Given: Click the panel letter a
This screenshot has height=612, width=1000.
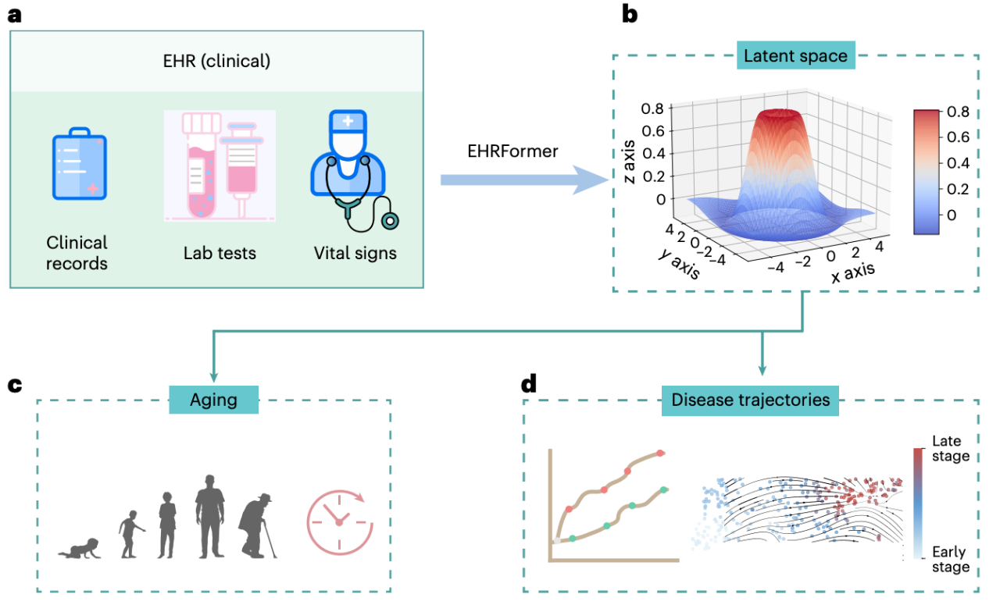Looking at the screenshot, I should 15,16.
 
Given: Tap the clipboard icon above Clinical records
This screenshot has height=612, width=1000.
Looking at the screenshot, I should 79,166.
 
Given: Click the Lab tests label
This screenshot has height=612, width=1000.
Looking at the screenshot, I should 220,253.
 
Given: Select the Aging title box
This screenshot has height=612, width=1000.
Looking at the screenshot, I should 213,400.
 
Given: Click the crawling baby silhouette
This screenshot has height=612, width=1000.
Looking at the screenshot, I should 79,548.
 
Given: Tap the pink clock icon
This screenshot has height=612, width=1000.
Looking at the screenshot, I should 337,521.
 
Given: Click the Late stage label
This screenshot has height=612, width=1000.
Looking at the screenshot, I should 951,449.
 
